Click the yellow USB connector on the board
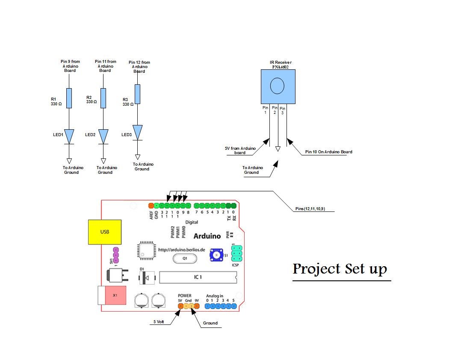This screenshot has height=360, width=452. pos(104,232)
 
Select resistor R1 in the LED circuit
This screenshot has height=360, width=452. pos(69,98)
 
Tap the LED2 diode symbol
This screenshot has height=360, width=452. pos(103,137)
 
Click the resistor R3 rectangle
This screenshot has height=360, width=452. pos(137,94)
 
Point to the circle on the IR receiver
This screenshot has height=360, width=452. pos(277,86)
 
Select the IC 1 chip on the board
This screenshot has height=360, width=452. pos(198,277)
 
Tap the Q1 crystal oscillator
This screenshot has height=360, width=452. pos(185,259)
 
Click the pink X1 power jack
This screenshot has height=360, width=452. pos(115,295)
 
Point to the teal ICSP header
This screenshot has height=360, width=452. pos(236,253)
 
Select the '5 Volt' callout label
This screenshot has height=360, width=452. pos(159,321)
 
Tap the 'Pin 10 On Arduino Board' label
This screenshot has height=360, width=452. pos(328,152)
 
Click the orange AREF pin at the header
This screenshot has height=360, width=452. pos(151,206)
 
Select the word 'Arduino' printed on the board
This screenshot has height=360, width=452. pos(207,236)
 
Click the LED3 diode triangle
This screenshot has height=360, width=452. pos(137,132)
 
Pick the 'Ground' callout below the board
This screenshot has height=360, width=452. pos(210,323)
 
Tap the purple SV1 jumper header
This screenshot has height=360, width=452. pos(115,255)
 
